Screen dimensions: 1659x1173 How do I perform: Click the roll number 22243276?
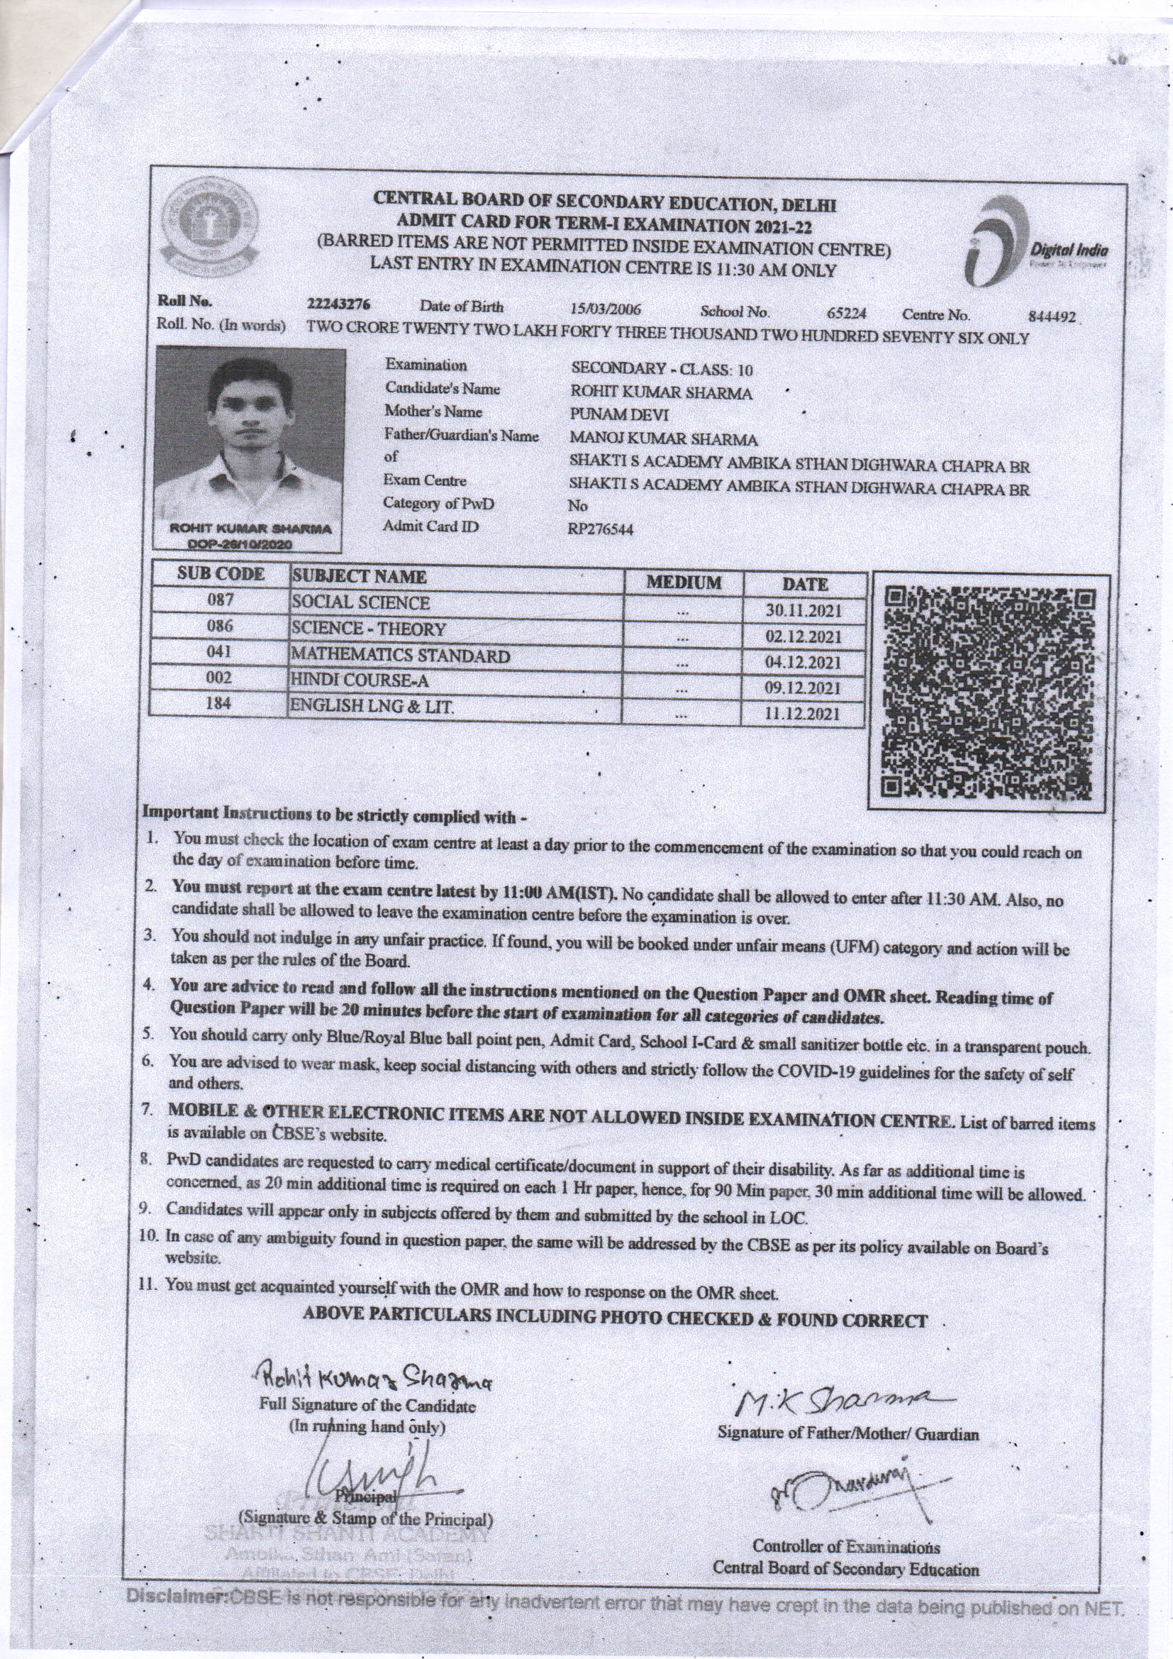[x=339, y=305]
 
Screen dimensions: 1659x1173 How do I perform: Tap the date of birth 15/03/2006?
[x=605, y=309]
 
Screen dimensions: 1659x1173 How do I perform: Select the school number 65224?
[x=847, y=314]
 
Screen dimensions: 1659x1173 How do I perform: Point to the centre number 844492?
[x=1052, y=317]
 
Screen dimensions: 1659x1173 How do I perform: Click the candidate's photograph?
[x=250, y=434]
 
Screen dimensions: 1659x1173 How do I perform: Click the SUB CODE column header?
[x=221, y=575]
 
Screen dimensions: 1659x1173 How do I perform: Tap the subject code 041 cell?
[x=220, y=651]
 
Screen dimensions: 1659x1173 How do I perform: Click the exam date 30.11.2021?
[x=804, y=610]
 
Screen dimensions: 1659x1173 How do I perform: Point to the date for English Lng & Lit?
[x=803, y=715]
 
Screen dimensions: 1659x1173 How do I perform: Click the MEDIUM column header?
[x=682, y=583]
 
